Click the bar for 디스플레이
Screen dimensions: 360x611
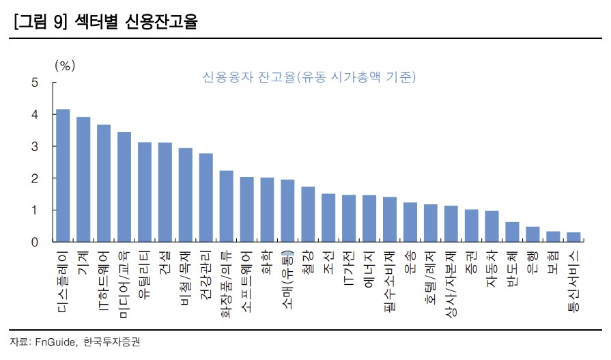[x=63, y=176]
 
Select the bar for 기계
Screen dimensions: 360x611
[x=83, y=180]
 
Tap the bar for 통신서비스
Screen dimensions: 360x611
[x=573, y=237]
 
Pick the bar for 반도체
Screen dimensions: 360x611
[x=512, y=232]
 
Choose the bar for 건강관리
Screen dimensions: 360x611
[x=206, y=197]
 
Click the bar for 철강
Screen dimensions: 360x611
[x=308, y=214]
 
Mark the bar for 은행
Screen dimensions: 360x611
[x=532, y=234]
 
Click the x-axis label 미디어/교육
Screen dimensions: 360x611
[x=124, y=277]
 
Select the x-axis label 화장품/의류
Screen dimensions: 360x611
[x=227, y=281]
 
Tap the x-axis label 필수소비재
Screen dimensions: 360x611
[x=390, y=279]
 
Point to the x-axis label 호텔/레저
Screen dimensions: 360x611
[x=431, y=277]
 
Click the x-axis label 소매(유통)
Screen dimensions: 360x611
[x=287, y=277]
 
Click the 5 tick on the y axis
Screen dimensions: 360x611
[x=34, y=83]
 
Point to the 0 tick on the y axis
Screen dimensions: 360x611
[x=34, y=242]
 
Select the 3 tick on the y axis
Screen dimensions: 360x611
[x=34, y=147]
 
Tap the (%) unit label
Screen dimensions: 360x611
[x=64, y=66]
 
